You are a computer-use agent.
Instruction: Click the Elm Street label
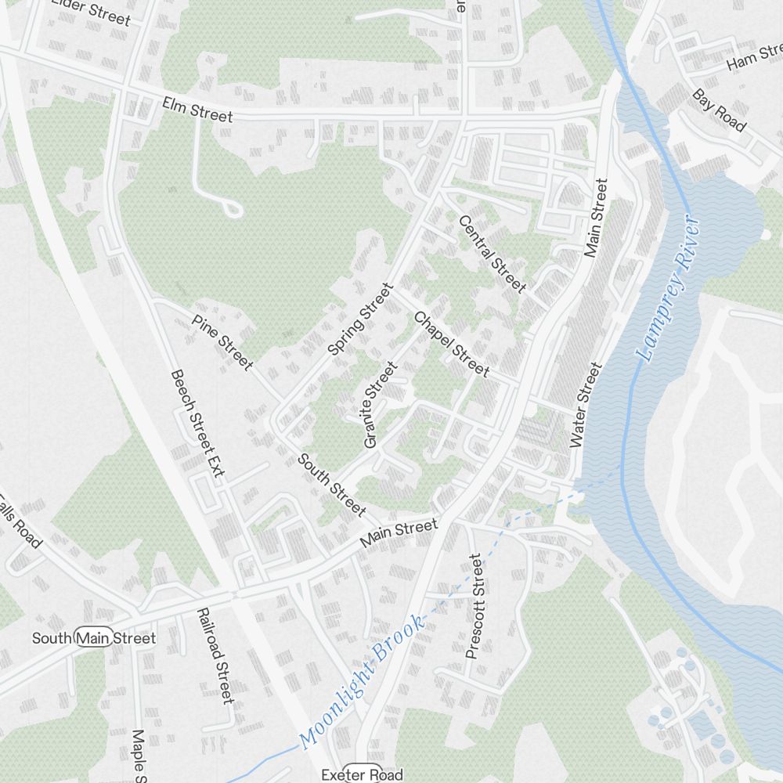point(197,110)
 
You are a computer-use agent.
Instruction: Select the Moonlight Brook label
point(363,680)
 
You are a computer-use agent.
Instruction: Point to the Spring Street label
point(361,319)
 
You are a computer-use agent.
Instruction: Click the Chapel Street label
point(451,345)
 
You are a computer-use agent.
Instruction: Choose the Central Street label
point(493,254)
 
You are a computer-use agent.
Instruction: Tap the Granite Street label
point(381,404)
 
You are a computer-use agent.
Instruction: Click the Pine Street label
point(222,341)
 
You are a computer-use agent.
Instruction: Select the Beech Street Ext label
point(197,423)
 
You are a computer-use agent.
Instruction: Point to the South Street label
point(331,485)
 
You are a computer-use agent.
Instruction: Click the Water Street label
point(586,404)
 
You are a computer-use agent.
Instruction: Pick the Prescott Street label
point(474,606)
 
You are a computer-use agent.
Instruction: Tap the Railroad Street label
point(215,656)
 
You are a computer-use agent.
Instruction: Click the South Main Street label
point(93,638)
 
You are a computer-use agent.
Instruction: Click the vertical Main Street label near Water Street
point(596,218)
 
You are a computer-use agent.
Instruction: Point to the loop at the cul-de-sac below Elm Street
point(233,208)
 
